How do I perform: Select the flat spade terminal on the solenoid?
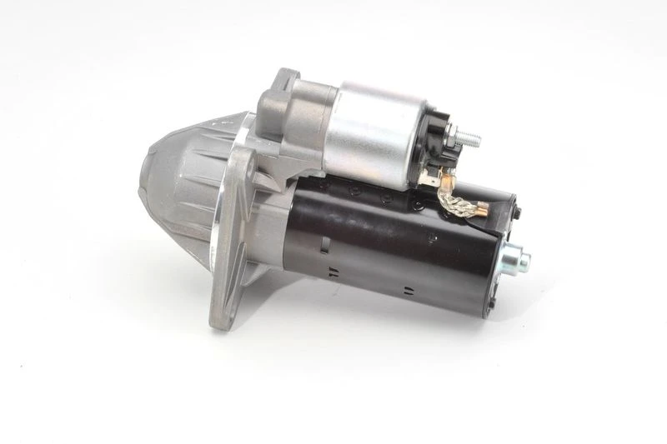pos(434,174)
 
